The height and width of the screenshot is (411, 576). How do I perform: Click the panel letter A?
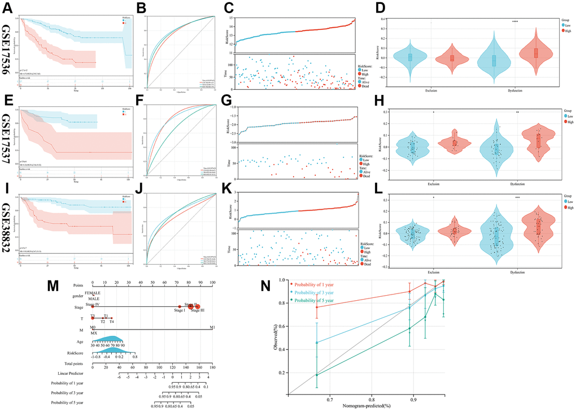(7, 8)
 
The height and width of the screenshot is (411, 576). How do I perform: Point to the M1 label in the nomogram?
(212, 327)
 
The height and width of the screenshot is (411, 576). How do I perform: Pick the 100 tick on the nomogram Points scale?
(212, 282)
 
